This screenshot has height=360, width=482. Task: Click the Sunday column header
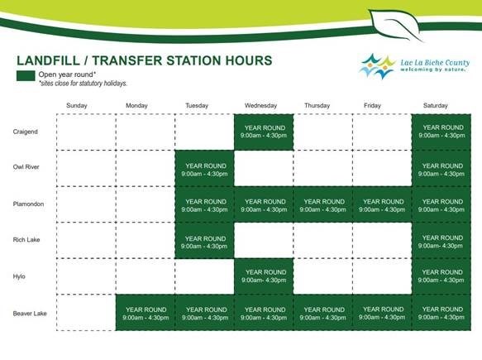point(77,106)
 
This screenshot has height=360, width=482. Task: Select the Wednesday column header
point(260,106)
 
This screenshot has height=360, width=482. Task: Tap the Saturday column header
point(435,106)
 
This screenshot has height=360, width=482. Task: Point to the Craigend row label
point(25,132)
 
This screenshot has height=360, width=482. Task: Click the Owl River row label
point(26,167)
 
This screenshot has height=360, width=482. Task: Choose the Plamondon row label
point(28,204)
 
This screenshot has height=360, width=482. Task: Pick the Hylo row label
point(19,276)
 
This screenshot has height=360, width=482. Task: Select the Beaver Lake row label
point(30,314)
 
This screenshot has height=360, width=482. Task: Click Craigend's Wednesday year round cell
point(264,132)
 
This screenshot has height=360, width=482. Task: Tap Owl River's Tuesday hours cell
point(205,168)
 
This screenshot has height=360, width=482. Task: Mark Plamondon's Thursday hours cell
point(323,204)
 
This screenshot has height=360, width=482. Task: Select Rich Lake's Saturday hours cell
point(441,240)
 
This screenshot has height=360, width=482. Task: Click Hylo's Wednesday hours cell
point(264,276)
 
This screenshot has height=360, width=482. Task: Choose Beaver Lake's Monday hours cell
point(146,313)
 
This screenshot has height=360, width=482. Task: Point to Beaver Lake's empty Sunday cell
point(86,313)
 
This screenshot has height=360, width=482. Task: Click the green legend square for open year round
point(26,76)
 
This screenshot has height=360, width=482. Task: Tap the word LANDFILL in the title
point(48,60)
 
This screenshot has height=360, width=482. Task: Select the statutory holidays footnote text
point(83,84)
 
